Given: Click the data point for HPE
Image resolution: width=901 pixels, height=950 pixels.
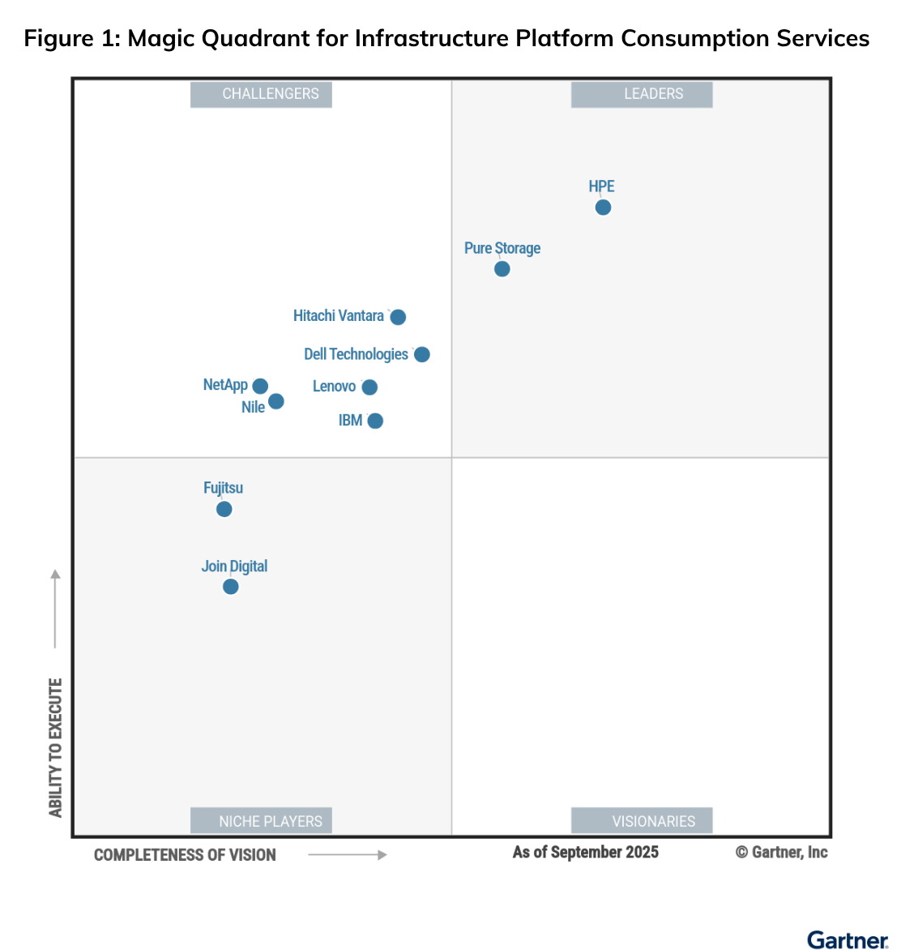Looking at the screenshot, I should (x=603, y=208).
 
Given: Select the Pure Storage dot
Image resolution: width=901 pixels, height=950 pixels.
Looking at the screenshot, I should (x=502, y=269).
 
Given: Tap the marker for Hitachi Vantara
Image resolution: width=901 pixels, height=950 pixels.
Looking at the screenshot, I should (x=398, y=317).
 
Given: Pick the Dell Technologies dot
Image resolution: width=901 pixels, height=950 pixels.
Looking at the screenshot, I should (x=422, y=354).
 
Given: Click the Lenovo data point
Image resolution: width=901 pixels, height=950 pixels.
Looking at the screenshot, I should (x=369, y=387).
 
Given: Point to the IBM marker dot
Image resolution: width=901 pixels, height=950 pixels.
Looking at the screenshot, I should (x=375, y=421).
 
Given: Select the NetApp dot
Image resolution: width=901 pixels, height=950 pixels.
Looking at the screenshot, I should (x=260, y=387).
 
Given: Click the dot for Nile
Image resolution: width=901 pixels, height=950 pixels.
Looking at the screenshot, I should (x=276, y=401).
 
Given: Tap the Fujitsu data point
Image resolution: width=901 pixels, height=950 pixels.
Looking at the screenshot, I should (x=224, y=509).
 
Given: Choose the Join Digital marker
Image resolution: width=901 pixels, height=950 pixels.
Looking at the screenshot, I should (x=231, y=587).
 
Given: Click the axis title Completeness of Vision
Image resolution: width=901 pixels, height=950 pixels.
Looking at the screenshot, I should (x=185, y=855).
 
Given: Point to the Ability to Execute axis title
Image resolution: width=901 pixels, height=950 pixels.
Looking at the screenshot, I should (x=55, y=747).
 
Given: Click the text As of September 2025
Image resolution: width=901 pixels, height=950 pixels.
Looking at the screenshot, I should (x=585, y=852).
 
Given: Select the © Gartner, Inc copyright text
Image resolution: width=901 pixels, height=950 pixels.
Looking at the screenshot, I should (x=781, y=852).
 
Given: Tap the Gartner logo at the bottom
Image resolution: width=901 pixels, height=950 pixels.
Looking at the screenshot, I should (x=848, y=939).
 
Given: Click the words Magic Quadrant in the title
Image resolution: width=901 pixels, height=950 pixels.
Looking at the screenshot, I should (x=220, y=38).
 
